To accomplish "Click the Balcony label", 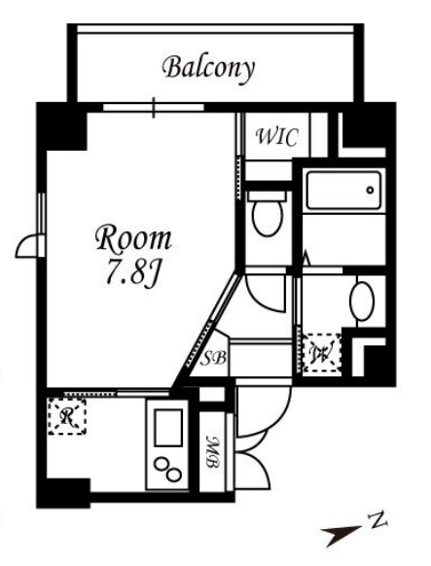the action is point(208,69).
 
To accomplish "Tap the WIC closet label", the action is point(277,137).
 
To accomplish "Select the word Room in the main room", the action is point(133,238).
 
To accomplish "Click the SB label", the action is point(213,358).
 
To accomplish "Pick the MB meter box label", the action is point(213,452).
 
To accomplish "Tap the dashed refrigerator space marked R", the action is point(67,416).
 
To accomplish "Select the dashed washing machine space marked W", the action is point(322,353).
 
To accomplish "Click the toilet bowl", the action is point(268,218).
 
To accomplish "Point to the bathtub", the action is point(343,191).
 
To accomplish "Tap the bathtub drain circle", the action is point(370,191).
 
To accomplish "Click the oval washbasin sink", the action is point(362,301).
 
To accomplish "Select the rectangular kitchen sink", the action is point(168,428).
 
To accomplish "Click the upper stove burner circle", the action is point(161,464).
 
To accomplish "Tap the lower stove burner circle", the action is point(174,475).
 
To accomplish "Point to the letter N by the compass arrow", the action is point(377,521).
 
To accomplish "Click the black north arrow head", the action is point(339,535).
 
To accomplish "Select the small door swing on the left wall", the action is point(29,246).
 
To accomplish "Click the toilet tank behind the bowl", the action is point(268,196).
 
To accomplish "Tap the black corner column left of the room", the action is point(61,126).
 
